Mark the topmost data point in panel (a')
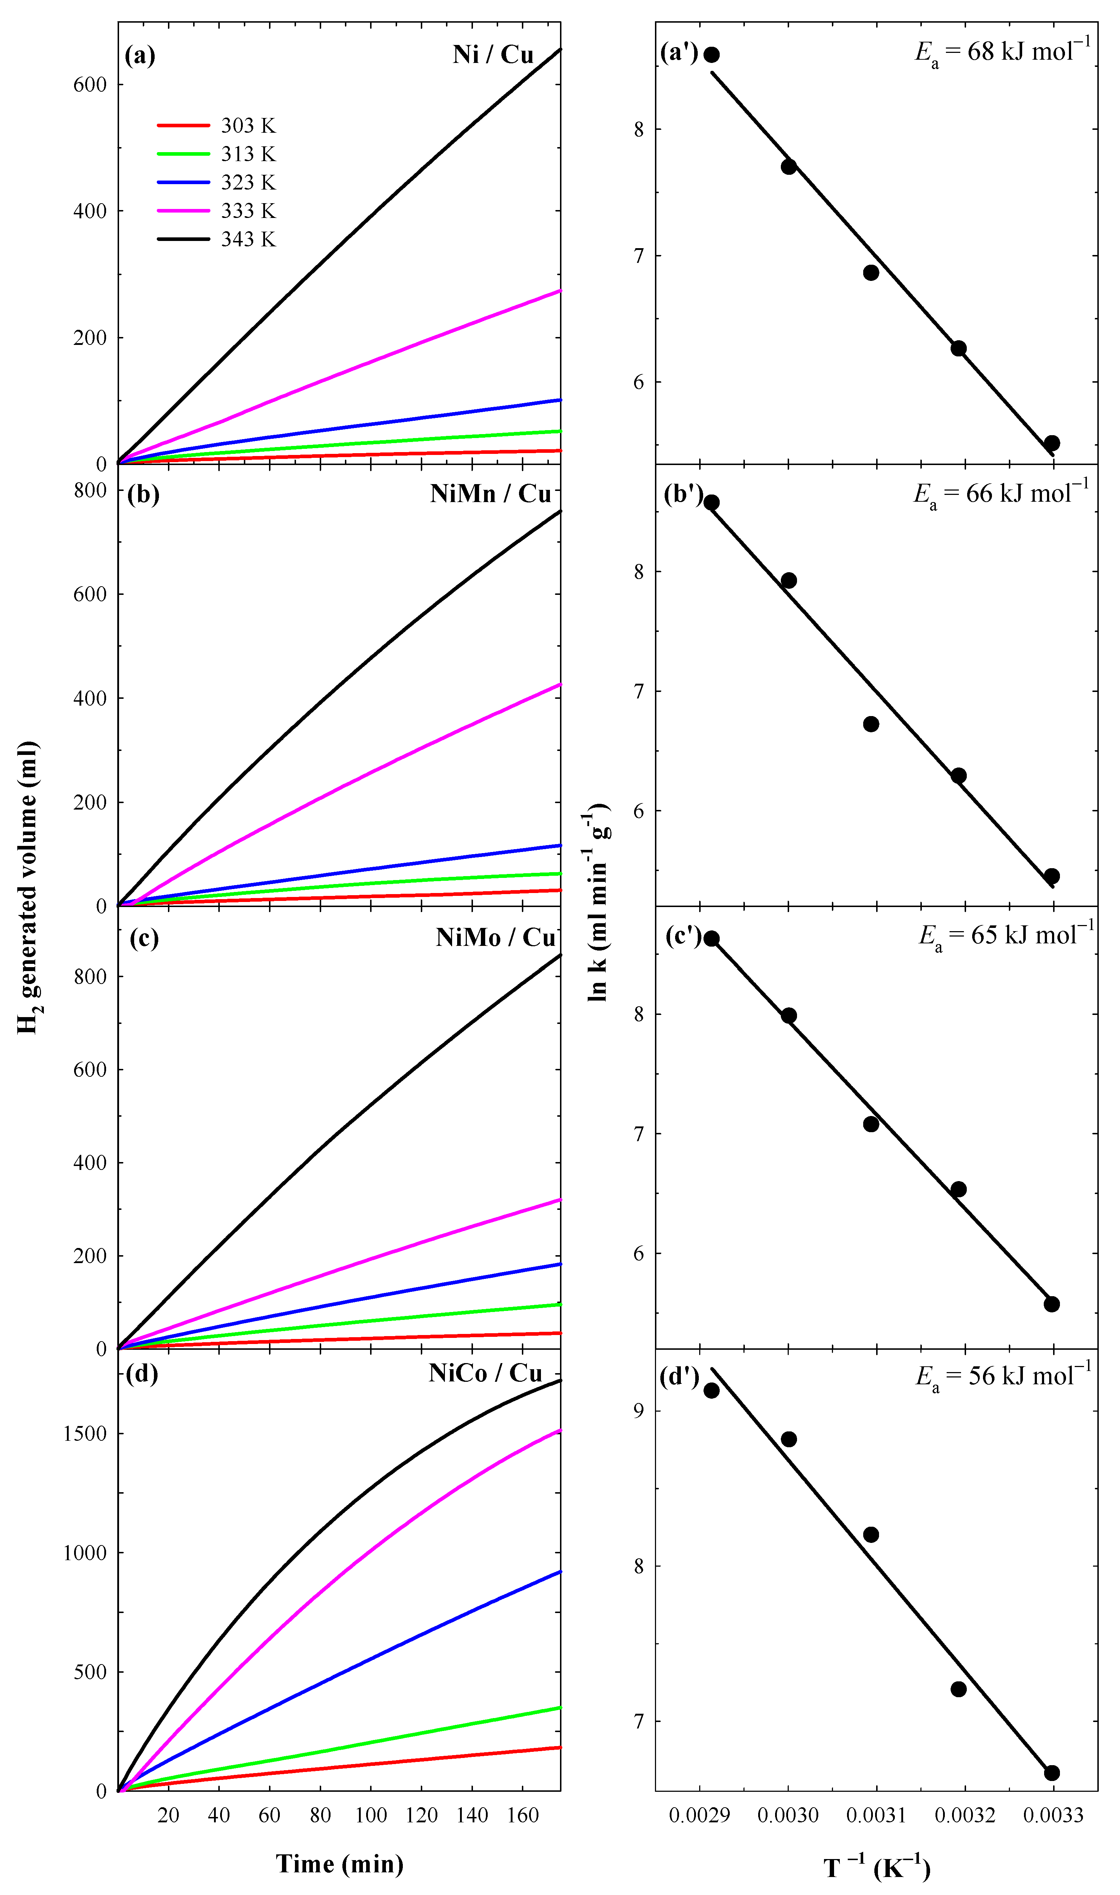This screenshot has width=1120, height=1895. coord(711,54)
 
